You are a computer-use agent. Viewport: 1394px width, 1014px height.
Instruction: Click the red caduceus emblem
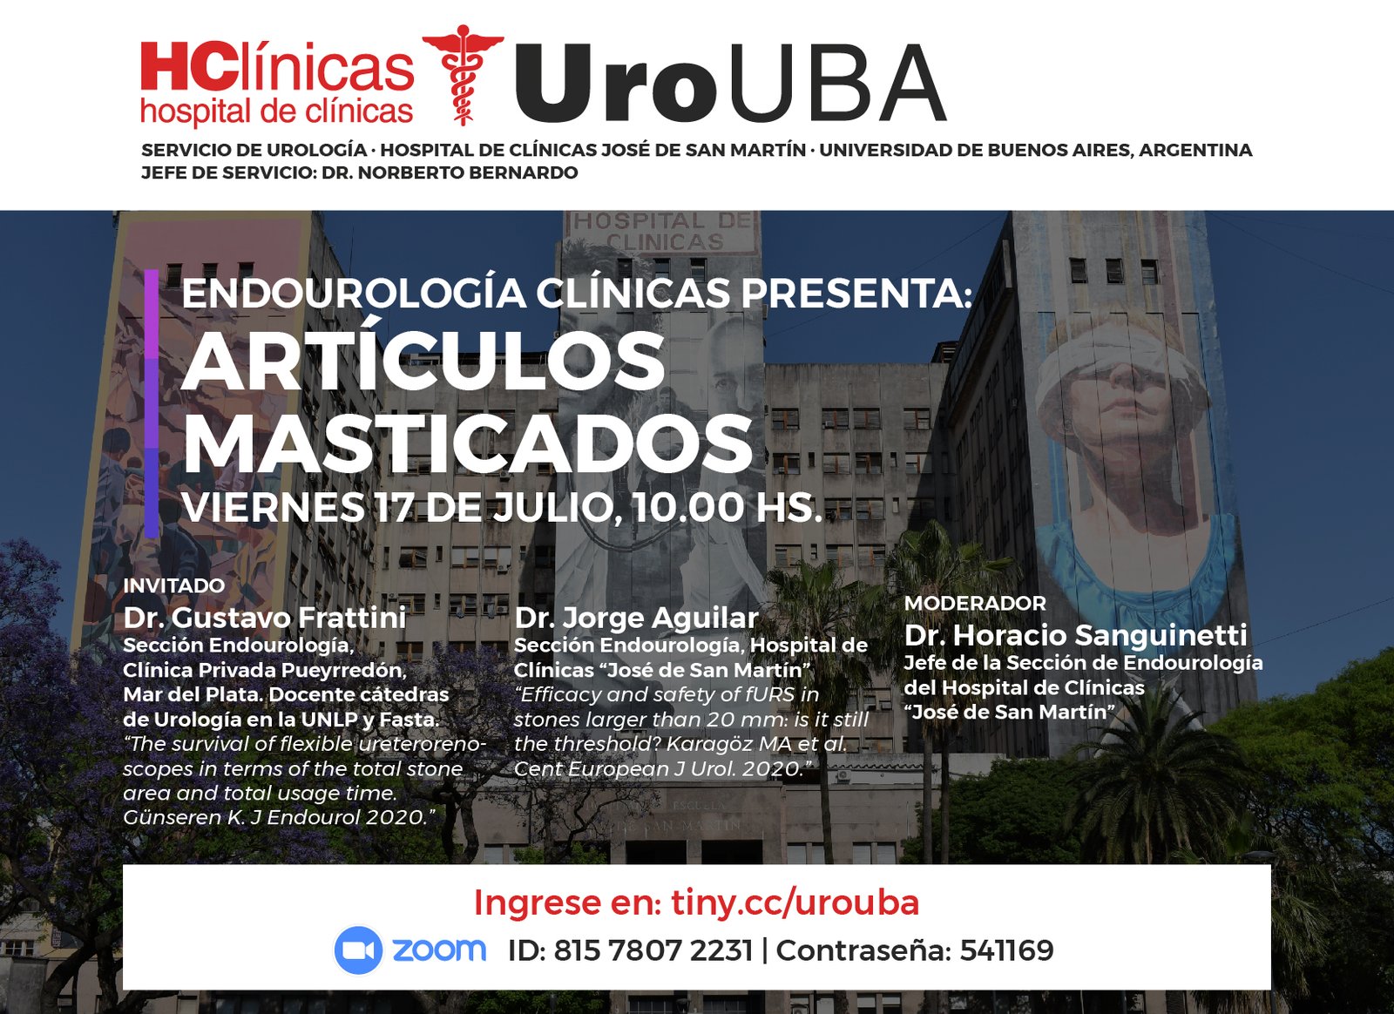click(x=463, y=75)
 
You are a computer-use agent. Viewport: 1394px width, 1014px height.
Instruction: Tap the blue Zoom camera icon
click(x=358, y=950)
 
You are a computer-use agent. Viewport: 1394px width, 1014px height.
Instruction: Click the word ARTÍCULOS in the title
click(x=423, y=360)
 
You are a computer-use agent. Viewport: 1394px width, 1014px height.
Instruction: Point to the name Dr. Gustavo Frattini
click(x=265, y=618)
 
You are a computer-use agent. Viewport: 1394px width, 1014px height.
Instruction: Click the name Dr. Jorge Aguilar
click(x=636, y=618)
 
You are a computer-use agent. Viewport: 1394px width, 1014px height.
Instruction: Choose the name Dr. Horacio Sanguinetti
click(x=1075, y=635)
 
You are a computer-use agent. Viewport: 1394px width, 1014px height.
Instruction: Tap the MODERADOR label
click(x=975, y=603)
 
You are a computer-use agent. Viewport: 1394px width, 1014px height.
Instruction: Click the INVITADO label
click(x=174, y=585)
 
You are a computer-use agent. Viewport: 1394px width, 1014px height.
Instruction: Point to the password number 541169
click(x=1006, y=950)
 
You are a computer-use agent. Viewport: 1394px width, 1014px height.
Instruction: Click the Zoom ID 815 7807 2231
click(x=653, y=950)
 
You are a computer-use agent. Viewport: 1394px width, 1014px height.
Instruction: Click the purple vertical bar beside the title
click(x=152, y=402)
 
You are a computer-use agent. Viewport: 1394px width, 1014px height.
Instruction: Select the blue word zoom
click(x=439, y=950)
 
